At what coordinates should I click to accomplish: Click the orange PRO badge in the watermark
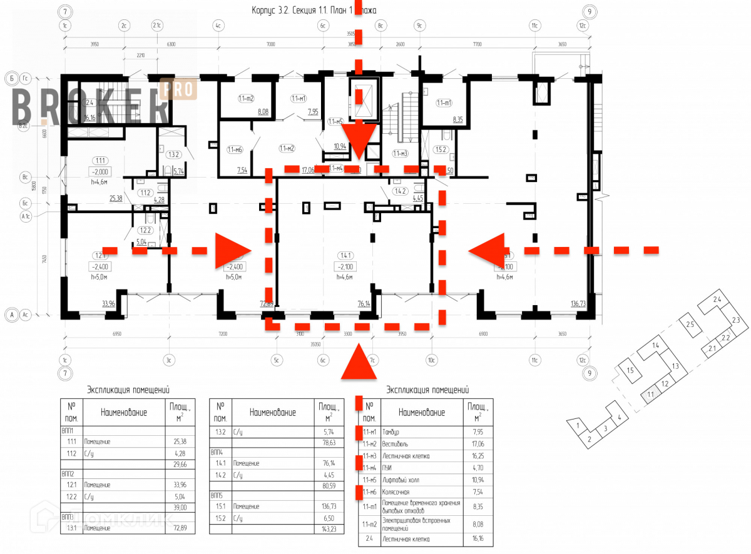(x=179, y=89)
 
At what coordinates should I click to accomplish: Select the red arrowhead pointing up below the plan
(x=359, y=365)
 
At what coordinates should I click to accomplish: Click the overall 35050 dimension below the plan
(x=320, y=344)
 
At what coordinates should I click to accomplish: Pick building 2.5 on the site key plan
(x=690, y=325)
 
